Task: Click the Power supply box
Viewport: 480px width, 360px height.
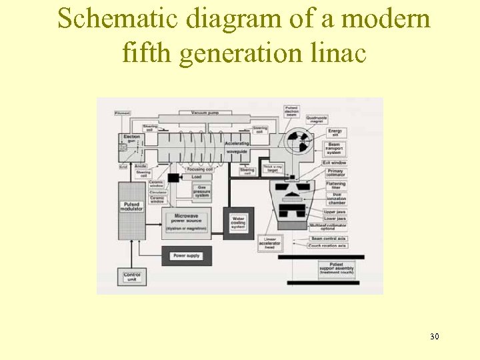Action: coord(186,256)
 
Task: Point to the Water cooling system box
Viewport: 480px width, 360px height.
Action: coord(239,223)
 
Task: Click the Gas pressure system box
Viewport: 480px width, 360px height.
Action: coord(202,191)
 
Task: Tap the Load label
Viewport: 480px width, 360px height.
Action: coord(197,177)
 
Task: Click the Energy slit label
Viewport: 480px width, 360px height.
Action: coord(335,132)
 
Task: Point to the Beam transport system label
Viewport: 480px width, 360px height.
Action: coord(335,149)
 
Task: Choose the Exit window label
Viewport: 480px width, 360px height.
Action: coord(335,163)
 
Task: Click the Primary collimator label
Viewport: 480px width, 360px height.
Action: coord(335,173)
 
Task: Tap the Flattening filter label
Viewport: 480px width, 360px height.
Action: coord(335,185)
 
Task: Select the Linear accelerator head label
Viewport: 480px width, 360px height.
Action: coord(270,243)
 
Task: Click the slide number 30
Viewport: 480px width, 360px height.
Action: coord(435,336)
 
